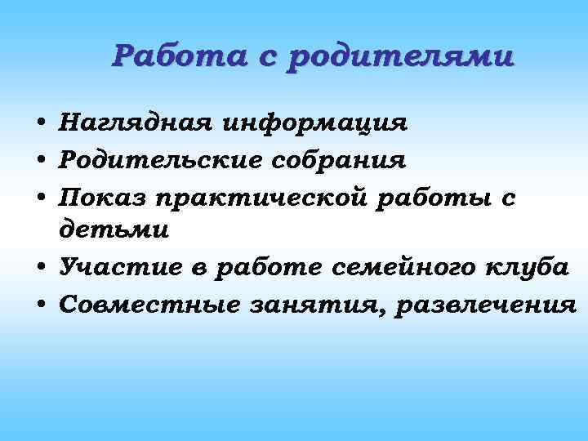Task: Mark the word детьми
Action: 114,231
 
